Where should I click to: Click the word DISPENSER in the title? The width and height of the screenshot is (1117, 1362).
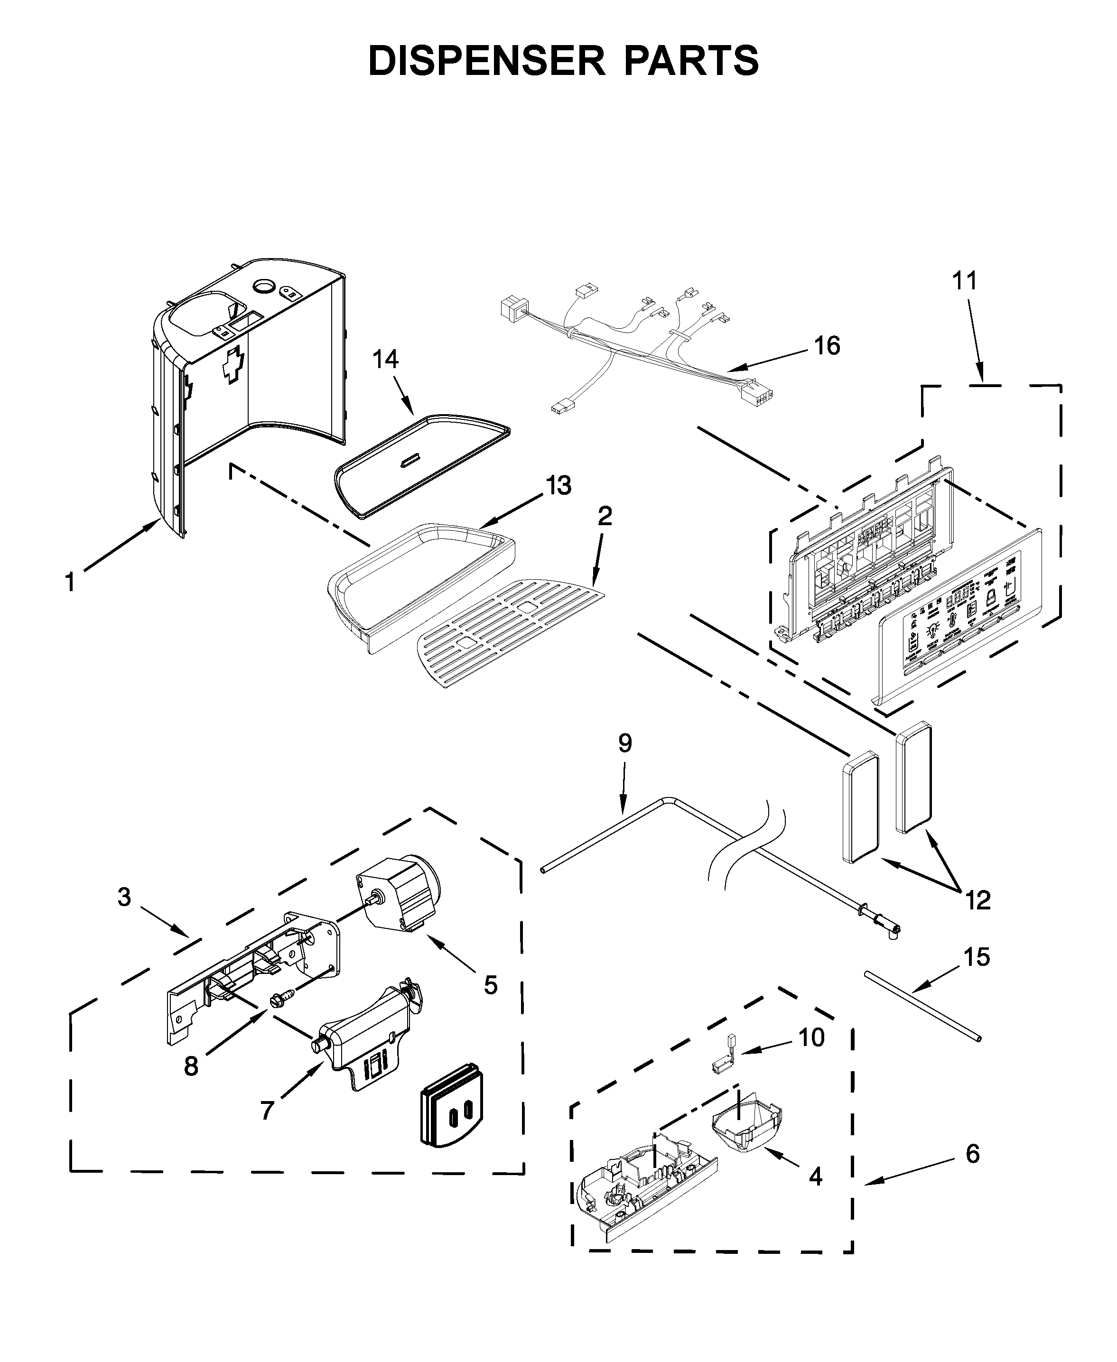point(486,61)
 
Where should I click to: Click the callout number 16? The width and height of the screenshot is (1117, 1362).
point(827,346)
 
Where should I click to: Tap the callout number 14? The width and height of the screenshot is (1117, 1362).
point(385,359)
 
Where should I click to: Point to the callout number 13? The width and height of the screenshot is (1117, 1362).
point(558,486)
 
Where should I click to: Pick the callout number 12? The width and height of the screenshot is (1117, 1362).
point(978,900)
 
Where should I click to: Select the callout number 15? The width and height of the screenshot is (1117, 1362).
point(977,957)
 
